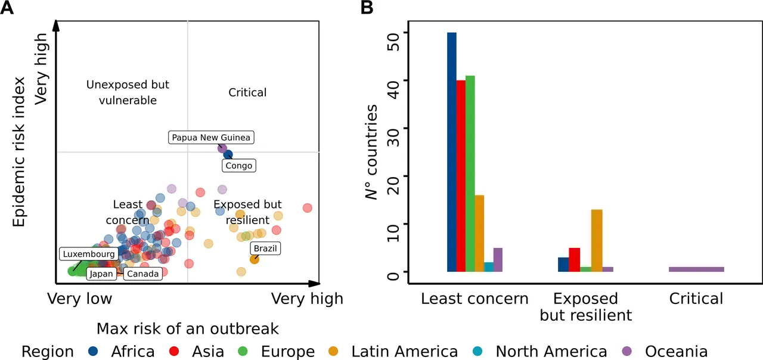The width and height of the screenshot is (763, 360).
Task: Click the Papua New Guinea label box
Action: [x=212, y=138]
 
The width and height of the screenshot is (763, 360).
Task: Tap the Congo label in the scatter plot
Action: [x=239, y=165]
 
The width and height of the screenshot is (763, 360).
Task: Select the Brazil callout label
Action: [x=265, y=249]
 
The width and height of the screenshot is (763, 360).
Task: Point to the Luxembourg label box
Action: [x=87, y=255]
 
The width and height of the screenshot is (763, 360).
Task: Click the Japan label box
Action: [x=101, y=274]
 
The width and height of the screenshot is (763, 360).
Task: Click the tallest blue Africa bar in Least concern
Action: [x=452, y=152]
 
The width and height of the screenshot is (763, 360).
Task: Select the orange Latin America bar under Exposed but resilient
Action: [x=597, y=241]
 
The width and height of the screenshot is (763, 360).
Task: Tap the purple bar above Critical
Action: [x=696, y=269]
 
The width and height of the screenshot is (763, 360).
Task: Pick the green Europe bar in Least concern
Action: [x=470, y=173]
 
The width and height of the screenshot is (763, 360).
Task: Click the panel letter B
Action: [x=368, y=8]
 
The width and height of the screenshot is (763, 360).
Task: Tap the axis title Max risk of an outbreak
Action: [x=188, y=328]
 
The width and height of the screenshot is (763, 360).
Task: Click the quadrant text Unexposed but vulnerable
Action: [x=128, y=92]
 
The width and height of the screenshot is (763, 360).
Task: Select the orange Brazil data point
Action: [x=255, y=259]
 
